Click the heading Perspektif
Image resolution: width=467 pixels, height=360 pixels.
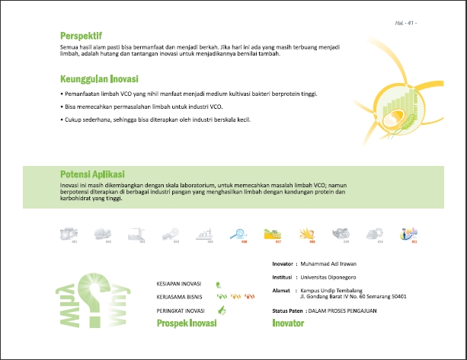click(82, 36)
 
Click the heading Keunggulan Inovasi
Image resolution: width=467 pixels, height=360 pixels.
click(99, 78)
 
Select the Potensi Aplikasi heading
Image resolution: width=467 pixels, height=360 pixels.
click(92, 174)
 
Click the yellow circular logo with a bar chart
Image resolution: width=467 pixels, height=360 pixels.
click(403, 106)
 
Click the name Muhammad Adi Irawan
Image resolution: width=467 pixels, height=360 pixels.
click(329, 265)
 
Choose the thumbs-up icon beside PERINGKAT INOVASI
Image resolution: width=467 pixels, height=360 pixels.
click(222, 310)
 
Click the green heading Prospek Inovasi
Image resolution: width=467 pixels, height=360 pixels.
click(187, 323)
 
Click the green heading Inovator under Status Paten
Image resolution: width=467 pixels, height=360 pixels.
click(288, 323)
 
